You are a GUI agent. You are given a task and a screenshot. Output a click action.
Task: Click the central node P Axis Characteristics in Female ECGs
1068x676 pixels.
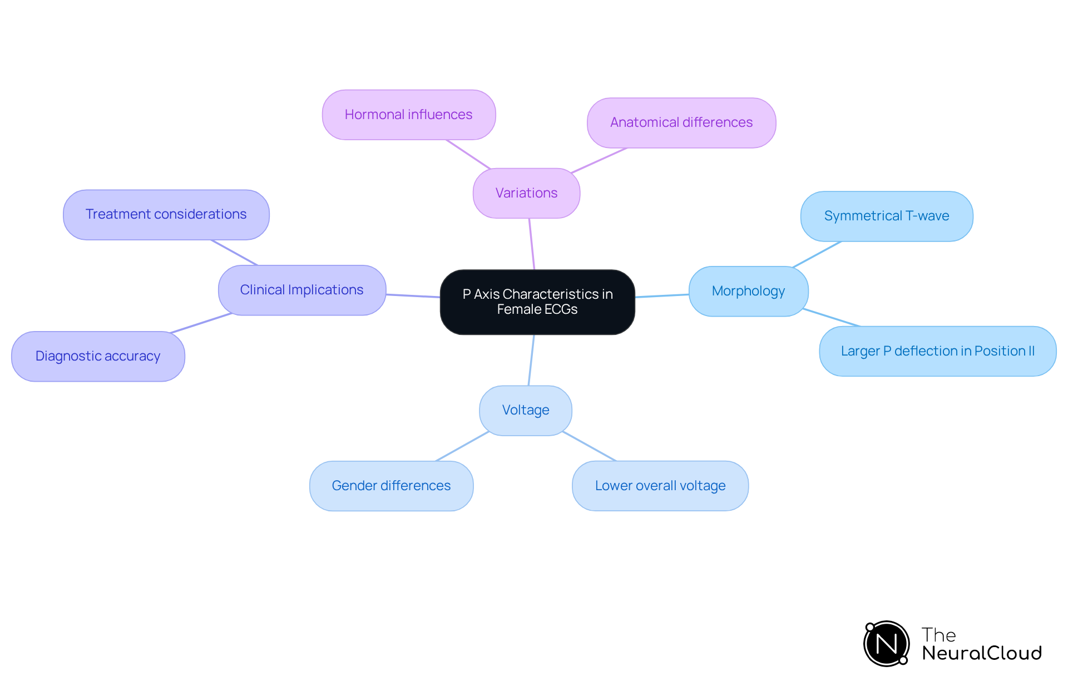[x=537, y=302]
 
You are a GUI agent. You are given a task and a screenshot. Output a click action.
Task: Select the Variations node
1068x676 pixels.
[x=526, y=193]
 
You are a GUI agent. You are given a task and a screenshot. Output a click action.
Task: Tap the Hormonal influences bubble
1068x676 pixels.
[x=409, y=115]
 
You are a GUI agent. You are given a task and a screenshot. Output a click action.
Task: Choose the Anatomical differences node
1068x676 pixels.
[x=681, y=122]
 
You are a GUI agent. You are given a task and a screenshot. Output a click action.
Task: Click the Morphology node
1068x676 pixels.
[x=748, y=291]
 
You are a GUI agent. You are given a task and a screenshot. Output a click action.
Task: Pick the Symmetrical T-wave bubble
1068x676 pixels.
[x=887, y=216]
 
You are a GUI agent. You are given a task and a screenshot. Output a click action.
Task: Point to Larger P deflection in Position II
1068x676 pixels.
[x=938, y=351]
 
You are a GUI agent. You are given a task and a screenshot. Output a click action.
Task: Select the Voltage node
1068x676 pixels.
[x=526, y=410]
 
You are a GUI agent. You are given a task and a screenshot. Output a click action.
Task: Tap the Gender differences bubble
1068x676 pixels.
[x=391, y=486]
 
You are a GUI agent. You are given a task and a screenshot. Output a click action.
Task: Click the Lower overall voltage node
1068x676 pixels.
[x=660, y=486]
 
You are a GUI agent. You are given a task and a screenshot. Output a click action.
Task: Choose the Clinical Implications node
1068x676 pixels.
[x=301, y=290]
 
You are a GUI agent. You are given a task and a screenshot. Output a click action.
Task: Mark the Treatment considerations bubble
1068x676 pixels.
[x=166, y=214]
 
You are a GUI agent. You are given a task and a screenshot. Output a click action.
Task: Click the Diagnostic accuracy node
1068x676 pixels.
[x=98, y=356]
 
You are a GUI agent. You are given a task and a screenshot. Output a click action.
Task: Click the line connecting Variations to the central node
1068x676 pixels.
[x=532, y=244]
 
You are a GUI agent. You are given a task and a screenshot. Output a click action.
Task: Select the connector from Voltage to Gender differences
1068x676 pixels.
[x=462, y=446]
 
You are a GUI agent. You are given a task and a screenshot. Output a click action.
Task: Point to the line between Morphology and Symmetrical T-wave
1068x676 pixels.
[x=817, y=254]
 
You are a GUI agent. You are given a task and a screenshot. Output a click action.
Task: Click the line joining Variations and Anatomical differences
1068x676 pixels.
[x=599, y=161]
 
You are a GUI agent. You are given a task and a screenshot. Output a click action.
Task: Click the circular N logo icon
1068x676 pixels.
[x=887, y=644]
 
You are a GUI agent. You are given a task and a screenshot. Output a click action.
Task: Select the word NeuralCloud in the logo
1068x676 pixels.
[x=982, y=653]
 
